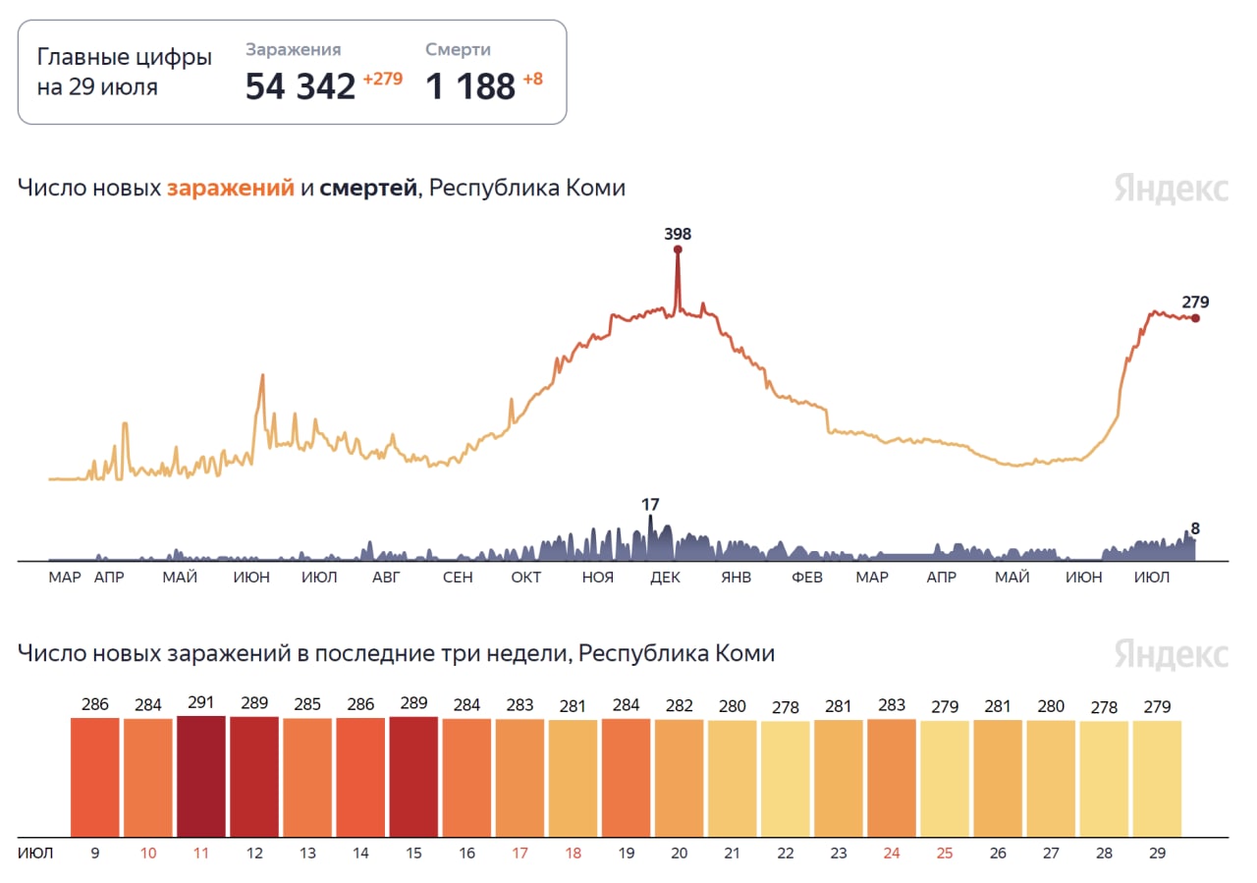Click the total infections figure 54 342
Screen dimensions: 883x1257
pyautogui.click(x=300, y=86)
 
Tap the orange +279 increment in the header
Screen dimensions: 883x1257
pyautogui.click(x=383, y=80)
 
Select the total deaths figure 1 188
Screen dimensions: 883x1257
pyautogui.click(x=470, y=86)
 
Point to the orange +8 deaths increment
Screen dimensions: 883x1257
pyautogui.click(x=532, y=80)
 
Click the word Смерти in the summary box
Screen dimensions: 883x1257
pyautogui.click(x=458, y=50)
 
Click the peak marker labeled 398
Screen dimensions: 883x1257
pyautogui.click(x=678, y=249)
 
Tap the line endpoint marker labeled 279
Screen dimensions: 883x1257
pyautogui.click(x=1195, y=317)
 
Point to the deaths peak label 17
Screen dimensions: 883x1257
pyautogui.click(x=650, y=505)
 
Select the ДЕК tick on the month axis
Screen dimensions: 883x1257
pyautogui.click(x=665, y=578)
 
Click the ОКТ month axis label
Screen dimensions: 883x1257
pyautogui.click(x=526, y=578)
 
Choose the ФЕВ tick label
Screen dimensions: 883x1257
pyautogui.click(x=807, y=578)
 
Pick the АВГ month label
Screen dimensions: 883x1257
pyautogui.click(x=386, y=578)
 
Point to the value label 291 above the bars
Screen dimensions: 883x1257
pyautogui.click(x=201, y=703)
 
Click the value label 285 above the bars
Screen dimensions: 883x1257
pyautogui.click(x=307, y=704)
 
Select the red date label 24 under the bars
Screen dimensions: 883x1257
pyautogui.click(x=892, y=853)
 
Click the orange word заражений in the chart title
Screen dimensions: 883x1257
pyautogui.click(x=231, y=188)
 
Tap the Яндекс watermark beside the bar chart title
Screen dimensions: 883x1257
pyautogui.click(x=1171, y=654)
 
